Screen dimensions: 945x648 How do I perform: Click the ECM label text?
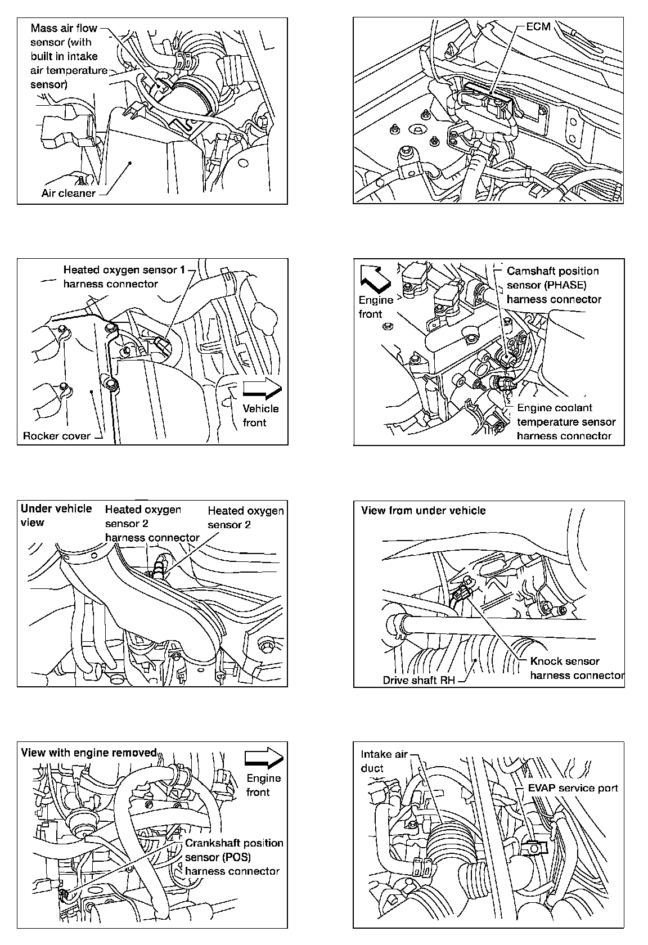click(538, 27)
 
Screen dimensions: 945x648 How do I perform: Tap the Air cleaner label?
click(68, 193)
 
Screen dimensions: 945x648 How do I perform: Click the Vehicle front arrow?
click(262, 388)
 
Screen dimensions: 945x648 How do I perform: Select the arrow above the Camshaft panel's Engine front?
click(375, 277)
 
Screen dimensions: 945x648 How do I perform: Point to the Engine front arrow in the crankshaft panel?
click(263, 757)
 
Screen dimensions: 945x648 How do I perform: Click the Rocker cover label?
click(56, 435)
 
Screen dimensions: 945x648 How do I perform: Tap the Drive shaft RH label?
click(418, 679)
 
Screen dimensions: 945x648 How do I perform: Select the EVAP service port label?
click(573, 787)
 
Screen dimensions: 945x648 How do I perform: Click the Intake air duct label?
click(383, 761)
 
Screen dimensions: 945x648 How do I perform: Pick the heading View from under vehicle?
click(423, 510)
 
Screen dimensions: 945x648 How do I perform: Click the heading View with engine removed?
click(88, 753)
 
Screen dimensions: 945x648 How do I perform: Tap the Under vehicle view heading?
click(56, 515)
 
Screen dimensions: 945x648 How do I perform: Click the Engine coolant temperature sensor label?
click(565, 421)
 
